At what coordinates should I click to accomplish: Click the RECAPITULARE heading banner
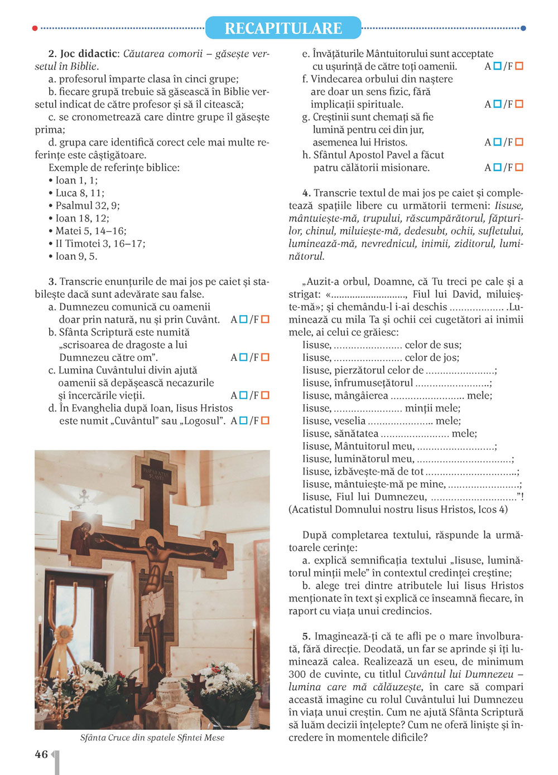tap(283, 28)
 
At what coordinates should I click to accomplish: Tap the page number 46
tap(41, 754)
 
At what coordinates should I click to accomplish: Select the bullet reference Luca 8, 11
tap(80, 193)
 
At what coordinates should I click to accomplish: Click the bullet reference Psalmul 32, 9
tap(87, 206)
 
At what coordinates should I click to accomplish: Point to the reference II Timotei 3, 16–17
tap(100, 244)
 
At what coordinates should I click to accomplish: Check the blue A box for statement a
tap(243, 319)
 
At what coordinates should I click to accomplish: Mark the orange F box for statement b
tap(265, 357)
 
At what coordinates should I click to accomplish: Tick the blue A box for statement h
tap(497, 167)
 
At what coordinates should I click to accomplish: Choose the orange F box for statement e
tap(519, 66)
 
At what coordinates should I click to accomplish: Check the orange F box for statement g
tap(519, 142)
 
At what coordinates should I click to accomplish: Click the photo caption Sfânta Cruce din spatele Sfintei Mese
tap(152, 738)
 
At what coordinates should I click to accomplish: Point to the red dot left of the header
tap(35, 28)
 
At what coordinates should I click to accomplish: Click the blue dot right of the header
tap(523, 28)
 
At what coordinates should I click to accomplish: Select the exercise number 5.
tap(306, 636)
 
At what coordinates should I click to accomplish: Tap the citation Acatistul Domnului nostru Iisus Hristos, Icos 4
tap(398, 509)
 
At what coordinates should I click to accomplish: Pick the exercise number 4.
tap(306, 193)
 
